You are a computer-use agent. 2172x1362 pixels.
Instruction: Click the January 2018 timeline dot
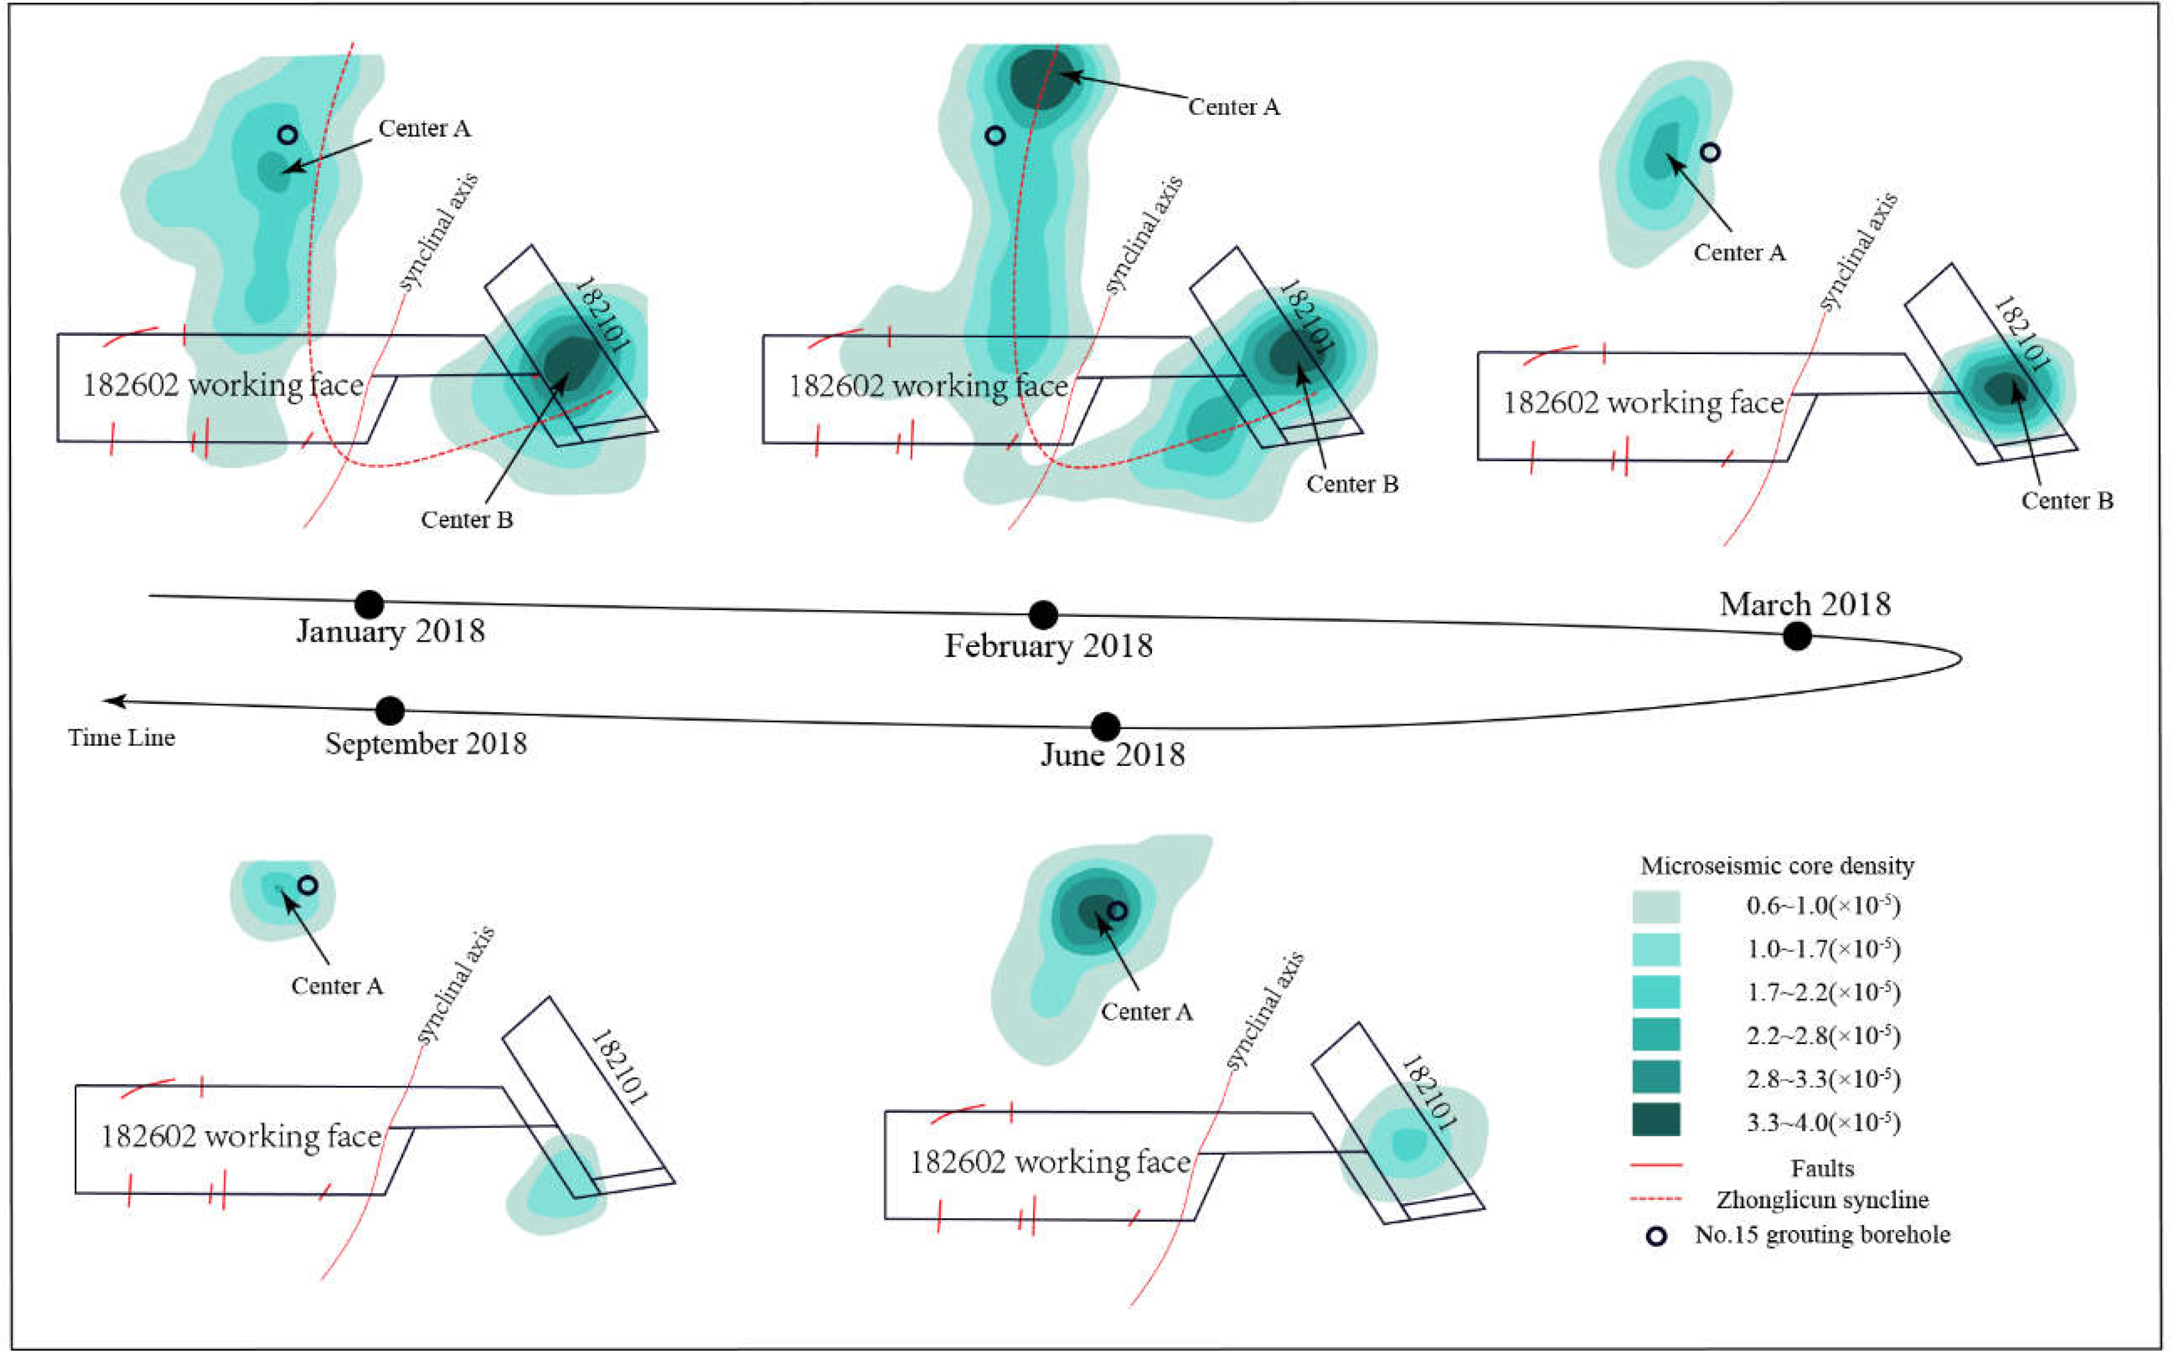click(x=369, y=605)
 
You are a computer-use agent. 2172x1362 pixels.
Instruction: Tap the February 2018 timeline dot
click(x=1043, y=615)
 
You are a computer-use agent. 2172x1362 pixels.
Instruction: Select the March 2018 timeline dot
click(x=1796, y=636)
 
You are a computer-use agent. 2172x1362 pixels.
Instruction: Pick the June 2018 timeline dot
click(x=1105, y=726)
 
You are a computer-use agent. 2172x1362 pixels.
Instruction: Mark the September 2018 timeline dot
click(x=390, y=711)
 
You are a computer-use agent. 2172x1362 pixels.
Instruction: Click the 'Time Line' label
click(x=122, y=738)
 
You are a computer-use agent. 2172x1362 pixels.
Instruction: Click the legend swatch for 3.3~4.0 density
click(x=1655, y=1120)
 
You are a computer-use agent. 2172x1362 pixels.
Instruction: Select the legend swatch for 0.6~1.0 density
click(x=1655, y=906)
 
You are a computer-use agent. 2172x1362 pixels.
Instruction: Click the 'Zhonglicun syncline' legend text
click(x=1822, y=1200)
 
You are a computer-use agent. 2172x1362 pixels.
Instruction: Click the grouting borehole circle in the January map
click(x=287, y=135)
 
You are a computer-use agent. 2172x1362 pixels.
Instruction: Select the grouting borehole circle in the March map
click(x=1710, y=152)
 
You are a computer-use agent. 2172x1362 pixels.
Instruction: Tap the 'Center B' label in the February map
click(x=1351, y=485)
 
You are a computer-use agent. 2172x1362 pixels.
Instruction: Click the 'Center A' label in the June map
click(x=1146, y=1012)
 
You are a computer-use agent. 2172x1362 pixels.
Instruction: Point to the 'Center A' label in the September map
click(x=337, y=986)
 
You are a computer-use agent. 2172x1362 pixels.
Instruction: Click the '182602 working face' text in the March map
click(x=1642, y=403)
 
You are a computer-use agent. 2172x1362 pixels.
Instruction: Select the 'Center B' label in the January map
click(x=466, y=520)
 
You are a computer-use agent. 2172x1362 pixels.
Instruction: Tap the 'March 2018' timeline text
click(x=1804, y=603)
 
